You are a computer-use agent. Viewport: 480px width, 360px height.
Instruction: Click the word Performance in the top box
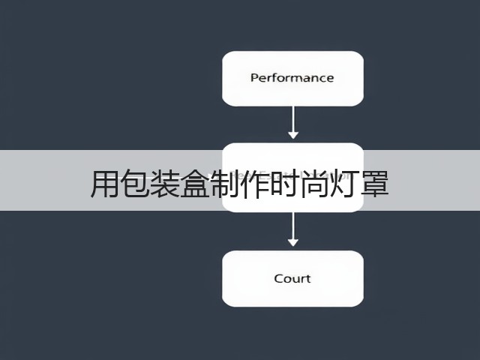point(292,78)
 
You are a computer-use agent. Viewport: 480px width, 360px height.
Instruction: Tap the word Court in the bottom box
point(292,278)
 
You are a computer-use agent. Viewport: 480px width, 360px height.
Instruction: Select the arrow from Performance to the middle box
point(293,122)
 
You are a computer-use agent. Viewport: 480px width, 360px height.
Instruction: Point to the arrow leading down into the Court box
point(293,229)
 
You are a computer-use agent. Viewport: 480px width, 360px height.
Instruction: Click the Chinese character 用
point(104,184)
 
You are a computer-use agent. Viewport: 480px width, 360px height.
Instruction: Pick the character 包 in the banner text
point(134,184)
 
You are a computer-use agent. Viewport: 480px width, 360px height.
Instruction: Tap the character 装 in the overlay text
point(164,184)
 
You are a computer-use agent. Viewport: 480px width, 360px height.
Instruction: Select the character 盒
point(194,184)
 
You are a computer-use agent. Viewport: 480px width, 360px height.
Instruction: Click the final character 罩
point(374,184)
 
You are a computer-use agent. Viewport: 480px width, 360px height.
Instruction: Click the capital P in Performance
point(255,78)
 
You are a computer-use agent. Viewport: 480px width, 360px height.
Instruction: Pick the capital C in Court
point(278,278)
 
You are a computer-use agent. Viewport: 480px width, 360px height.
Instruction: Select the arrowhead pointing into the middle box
point(293,135)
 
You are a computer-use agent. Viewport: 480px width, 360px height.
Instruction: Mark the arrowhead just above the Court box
point(293,242)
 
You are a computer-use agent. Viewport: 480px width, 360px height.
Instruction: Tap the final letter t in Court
point(308,278)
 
